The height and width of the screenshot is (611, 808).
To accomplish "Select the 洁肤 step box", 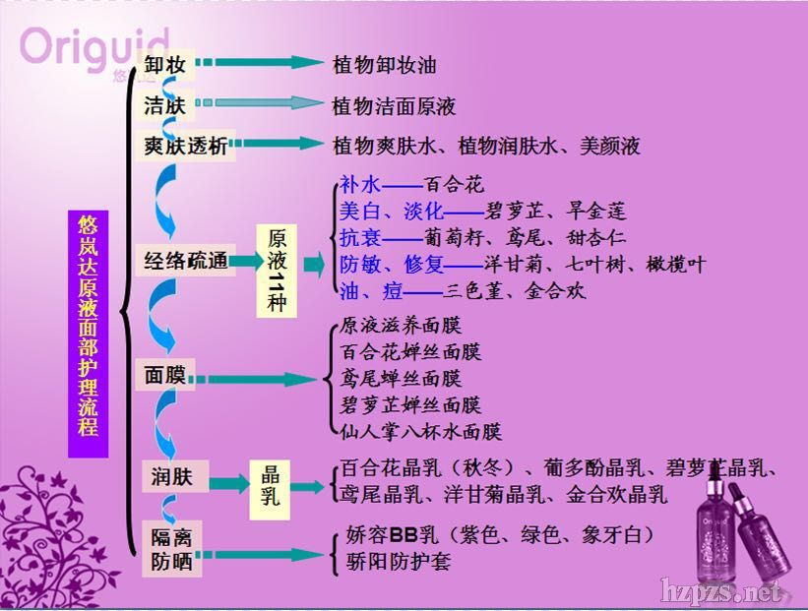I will [x=164, y=105].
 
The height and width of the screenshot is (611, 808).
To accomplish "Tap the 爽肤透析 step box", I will [x=185, y=146].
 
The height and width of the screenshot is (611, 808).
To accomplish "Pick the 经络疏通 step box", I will [x=185, y=261].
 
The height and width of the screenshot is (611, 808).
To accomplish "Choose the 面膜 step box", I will [x=164, y=376].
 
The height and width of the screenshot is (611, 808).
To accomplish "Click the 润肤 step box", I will [x=172, y=478].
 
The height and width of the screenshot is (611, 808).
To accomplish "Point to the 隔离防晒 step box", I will [x=172, y=549].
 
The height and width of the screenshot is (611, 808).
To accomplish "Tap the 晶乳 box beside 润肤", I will [x=271, y=484].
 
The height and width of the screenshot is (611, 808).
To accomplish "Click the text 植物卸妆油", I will [x=385, y=66].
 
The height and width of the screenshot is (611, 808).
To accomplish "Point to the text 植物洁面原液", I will [x=395, y=105].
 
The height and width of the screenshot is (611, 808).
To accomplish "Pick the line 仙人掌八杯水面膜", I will [x=421, y=431].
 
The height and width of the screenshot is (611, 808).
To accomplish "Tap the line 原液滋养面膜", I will [x=401, y=325].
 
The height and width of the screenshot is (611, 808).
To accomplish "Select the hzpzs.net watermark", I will [x=723, y=591].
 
